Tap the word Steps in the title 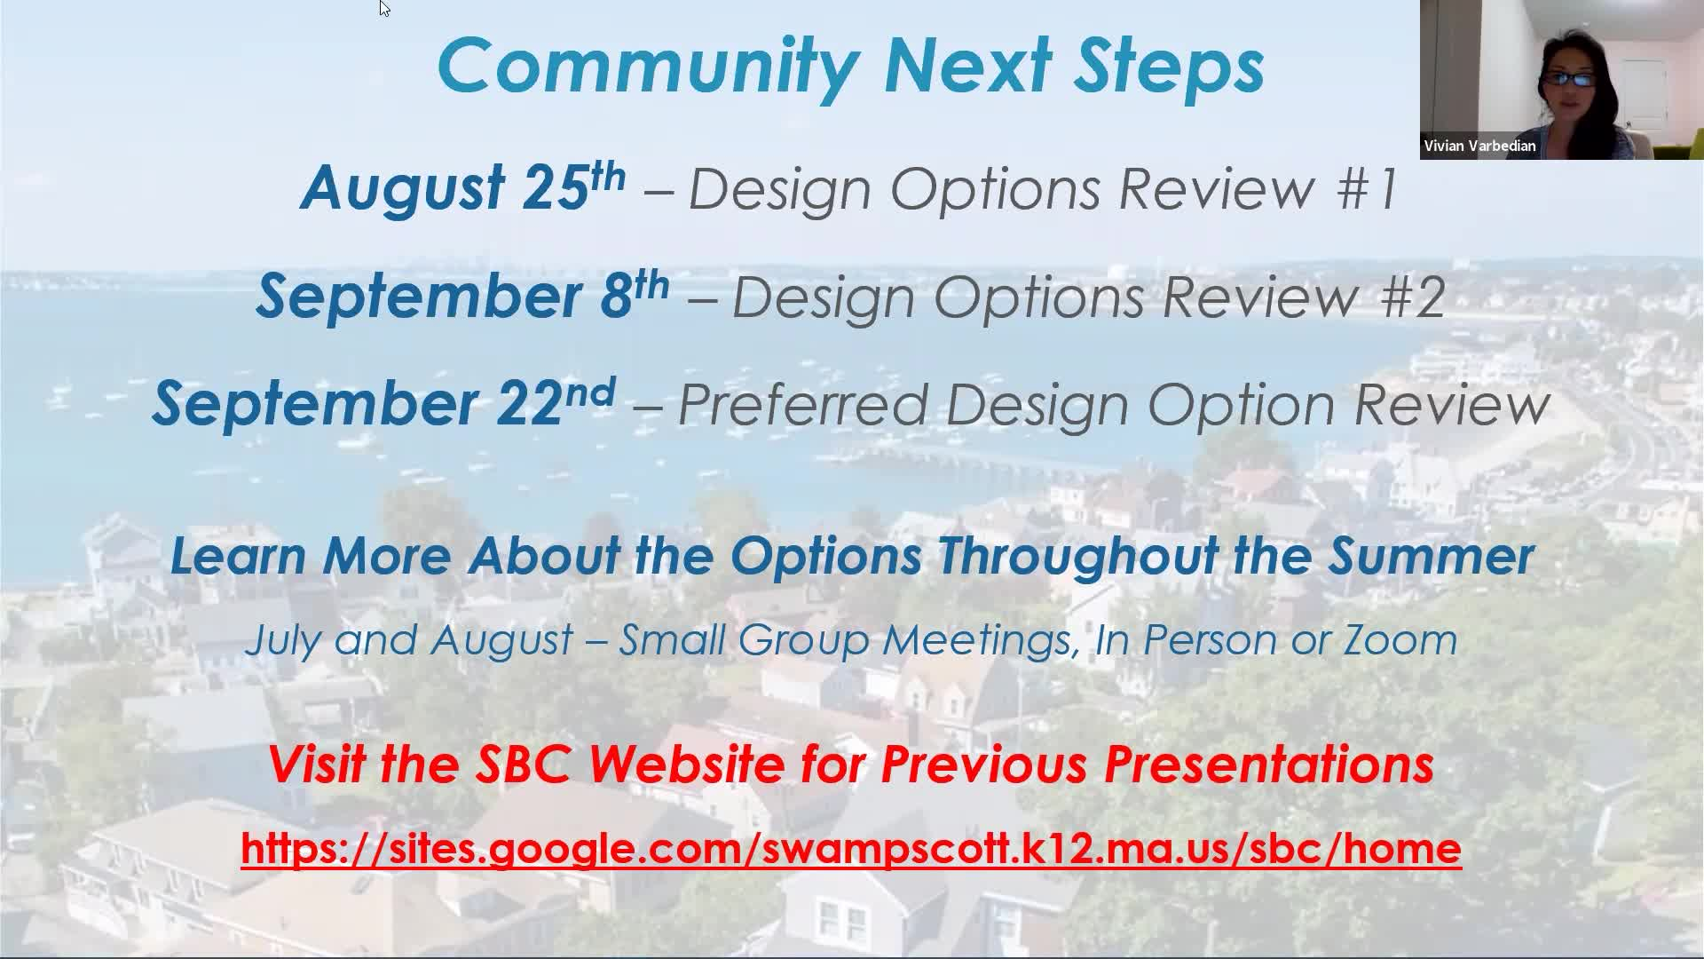point(1168,67)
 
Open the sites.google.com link point(851,848)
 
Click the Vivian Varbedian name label point(1479,146)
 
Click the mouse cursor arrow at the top point(384,8)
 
